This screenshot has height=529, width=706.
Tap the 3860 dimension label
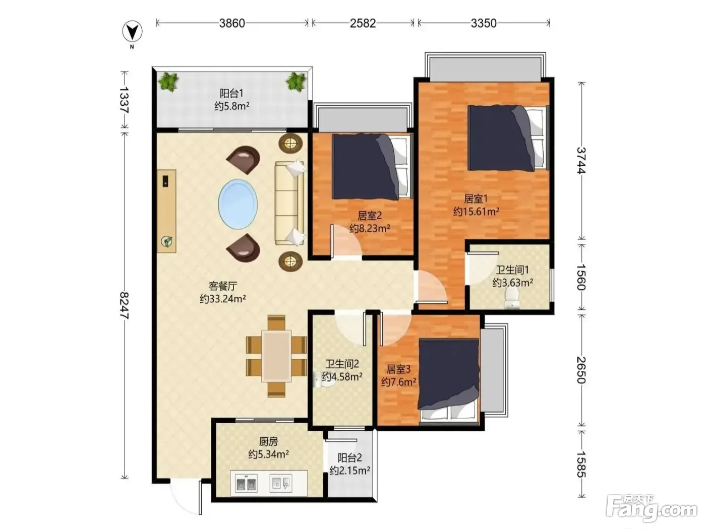[232, 23]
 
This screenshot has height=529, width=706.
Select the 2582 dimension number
[363, 23]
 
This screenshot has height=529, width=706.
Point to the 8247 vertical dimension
[124, 305]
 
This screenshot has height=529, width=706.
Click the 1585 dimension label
[581, 465]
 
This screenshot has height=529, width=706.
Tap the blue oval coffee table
[238, 204]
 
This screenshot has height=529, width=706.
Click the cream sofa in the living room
[289, 203]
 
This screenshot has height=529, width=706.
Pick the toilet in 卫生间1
[512, 297]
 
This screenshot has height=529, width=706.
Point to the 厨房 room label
[268, 442]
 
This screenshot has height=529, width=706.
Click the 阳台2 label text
[349, 457]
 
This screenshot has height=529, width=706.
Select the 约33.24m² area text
[223, 299]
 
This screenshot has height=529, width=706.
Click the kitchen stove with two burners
[246, 483]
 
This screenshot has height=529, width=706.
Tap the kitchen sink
[281, 483]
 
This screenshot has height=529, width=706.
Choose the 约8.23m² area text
[370, 228]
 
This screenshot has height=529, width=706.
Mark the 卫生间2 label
[342, 364]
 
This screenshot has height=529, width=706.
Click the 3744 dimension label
[581, 161]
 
